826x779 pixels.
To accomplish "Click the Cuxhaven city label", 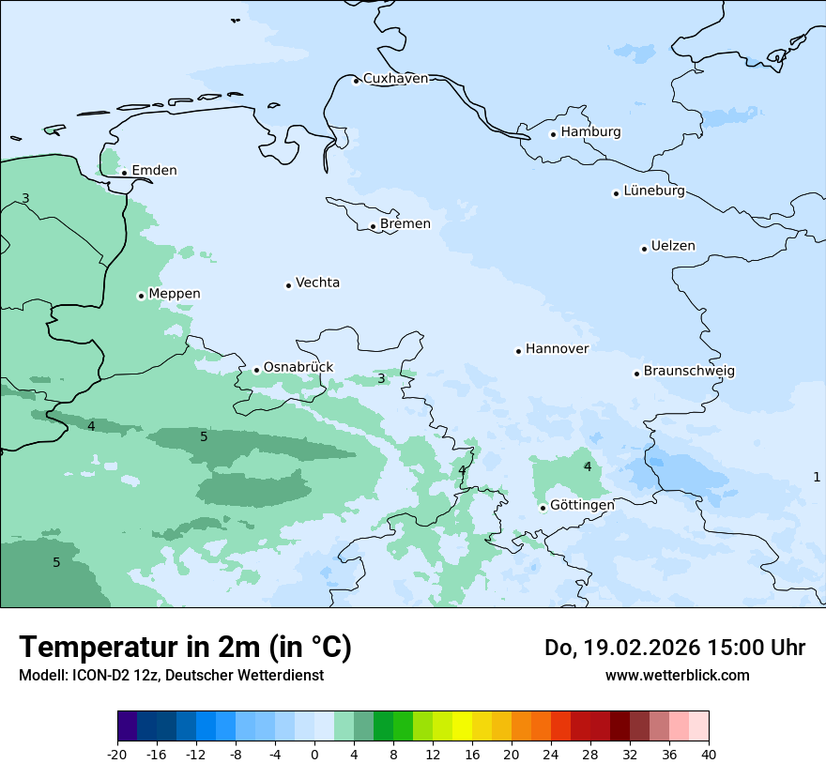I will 395,79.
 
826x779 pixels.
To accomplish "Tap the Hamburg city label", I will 590,132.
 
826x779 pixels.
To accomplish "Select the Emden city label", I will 154,171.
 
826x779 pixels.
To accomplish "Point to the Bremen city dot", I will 373,226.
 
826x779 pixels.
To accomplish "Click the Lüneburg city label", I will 653,191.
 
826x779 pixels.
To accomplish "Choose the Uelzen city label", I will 673,247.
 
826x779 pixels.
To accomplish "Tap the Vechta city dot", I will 288,285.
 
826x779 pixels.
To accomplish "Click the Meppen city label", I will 174,294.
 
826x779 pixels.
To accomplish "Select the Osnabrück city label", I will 298,368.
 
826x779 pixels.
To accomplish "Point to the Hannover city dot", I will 518,351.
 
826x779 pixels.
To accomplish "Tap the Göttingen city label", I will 582,505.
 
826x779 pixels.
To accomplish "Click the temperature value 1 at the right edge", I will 817,477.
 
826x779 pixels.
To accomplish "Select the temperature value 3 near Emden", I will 25,198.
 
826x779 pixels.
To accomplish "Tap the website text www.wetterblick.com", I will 677,675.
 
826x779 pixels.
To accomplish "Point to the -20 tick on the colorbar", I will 117,755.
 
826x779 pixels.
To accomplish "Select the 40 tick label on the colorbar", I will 708,755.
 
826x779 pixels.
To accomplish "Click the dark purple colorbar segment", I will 127,726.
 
